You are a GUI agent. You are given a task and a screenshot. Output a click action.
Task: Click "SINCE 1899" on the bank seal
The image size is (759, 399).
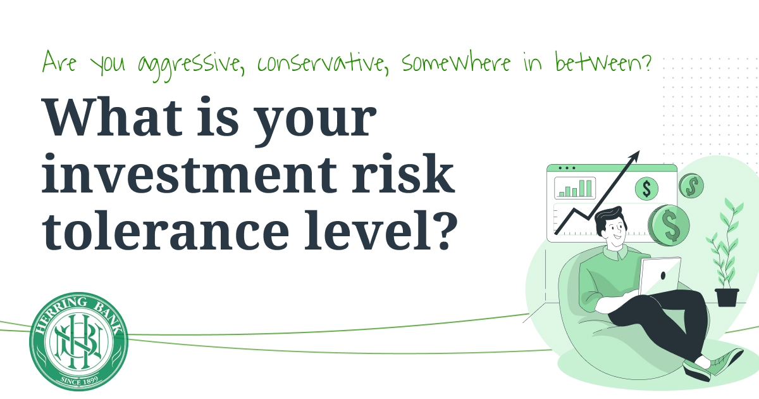tap(78, 380)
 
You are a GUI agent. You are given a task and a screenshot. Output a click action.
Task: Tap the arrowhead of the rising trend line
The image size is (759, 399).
tap(635, 156)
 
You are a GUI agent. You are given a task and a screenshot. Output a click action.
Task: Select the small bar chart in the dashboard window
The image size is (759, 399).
tap(574, 188)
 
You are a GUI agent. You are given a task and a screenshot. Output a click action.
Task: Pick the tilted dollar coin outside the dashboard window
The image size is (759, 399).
tap(691, 186)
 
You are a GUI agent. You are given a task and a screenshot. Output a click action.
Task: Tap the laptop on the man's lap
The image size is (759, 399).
tap(660, 276)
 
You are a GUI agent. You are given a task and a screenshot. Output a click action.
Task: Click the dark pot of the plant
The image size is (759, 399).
tap(727, 297)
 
